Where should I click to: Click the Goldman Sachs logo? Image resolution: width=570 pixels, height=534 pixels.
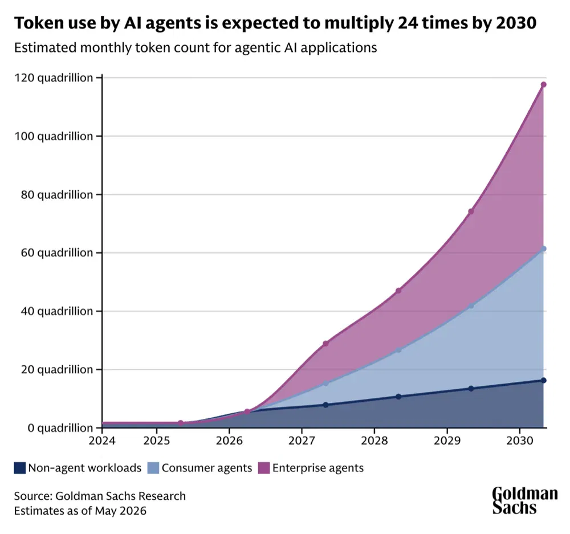tap(525, 500)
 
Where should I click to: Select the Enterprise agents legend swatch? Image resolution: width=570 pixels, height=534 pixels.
tap(263, 468)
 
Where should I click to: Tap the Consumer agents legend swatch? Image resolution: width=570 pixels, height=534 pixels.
tap(153, 468)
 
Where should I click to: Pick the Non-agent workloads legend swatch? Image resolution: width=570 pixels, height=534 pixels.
tap(19, 468)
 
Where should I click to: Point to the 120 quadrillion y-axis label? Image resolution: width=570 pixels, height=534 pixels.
tap(54, 78)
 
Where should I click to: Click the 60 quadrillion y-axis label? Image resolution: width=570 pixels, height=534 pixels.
tap(56, 252)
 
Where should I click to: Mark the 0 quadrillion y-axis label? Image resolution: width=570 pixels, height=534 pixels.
tap(60, 428)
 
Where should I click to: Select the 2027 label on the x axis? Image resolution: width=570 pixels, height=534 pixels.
tap(302, 441)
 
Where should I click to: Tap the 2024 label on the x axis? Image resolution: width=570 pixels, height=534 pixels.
tap(102, 441)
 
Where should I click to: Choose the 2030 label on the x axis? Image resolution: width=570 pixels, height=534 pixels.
tap(520, 441)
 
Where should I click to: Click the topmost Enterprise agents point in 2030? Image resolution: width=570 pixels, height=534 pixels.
tap(543, 85)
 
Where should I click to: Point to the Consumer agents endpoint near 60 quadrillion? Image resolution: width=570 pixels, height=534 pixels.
tap(543, 249)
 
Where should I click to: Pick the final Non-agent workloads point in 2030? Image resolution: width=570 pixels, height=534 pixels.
tap(543, 380)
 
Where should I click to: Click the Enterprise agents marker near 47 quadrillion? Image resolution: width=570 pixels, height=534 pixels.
tap(398, 291)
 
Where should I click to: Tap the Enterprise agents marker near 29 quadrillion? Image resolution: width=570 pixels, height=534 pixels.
tap(325, 344)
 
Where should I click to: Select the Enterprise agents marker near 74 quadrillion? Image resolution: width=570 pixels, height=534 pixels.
tap(471, 211)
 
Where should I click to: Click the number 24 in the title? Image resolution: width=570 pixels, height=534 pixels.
tap(407, 23)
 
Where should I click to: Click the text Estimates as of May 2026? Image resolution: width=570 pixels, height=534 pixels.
tap(80, 511)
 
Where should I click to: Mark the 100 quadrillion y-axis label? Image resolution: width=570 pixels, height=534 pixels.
tap(54, 136)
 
